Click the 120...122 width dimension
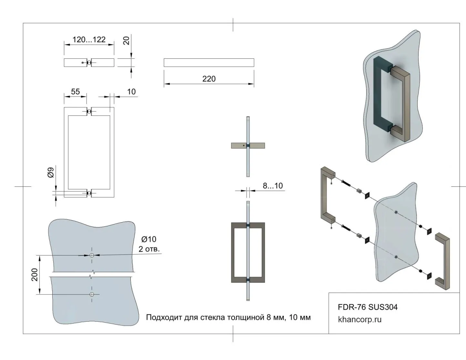coord(89,40)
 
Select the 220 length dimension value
coord(209,79)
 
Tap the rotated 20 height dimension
coord(127,41)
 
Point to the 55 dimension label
coord(75,92)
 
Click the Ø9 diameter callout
coord(51,173)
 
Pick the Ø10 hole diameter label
coord(149,239)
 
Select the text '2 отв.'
coord(149,249)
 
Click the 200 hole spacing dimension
coord(35,275)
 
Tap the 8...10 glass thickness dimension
coord(273,186)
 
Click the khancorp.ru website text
coord(360,320)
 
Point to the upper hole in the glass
coord(92,255)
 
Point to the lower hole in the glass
coord(92,294)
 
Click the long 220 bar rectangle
coord(209,63)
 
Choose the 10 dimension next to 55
coord(131,92)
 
